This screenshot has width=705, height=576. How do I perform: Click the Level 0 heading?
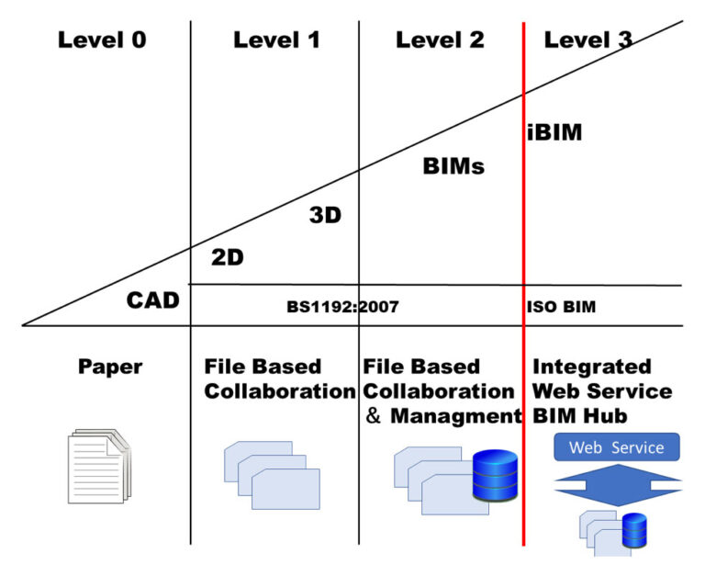[102, 40]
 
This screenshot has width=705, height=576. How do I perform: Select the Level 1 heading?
[276, 40]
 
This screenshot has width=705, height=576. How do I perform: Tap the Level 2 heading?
[440, 40]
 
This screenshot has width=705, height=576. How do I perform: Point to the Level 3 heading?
[587, 40]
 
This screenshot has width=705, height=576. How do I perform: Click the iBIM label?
[554, 132]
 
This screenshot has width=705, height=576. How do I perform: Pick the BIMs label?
[453, 167]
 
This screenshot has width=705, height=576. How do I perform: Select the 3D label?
[325, 216]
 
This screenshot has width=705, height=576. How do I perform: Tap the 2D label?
[228, 258]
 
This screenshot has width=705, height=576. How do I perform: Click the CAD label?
[152, 299]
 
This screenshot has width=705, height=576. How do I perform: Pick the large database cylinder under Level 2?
[495, 475]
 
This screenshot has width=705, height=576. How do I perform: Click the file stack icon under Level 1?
[273, 474]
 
